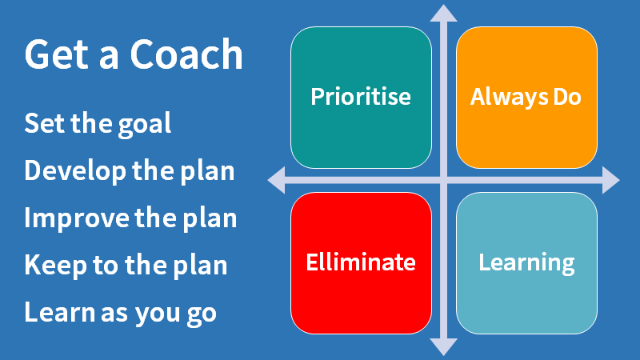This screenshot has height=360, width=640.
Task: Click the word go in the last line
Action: pyautogui.click(x=201, y=314)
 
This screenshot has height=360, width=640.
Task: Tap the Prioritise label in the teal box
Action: pyautogui.click(x=361, y=98)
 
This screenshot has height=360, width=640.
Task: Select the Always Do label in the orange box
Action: pyautogui.click(x=526, y=98)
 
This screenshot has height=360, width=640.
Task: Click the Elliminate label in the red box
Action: pyautogui.click(x=361, y=262)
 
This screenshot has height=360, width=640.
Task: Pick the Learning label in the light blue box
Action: pyautogui.click(x=526, y=262)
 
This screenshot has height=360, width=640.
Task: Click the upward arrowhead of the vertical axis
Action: pyautogui.click(x=443, y=12)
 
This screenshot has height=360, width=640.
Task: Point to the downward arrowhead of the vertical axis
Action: pyautogui.click(x=443, y=346)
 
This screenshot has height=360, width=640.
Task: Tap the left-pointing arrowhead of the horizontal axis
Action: pyautogui.click(x=277, y=180)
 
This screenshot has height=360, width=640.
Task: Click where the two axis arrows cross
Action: pyautogui.click(x=443, y=180)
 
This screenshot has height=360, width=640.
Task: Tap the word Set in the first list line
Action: pyautogui.click(x=42, y=124)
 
